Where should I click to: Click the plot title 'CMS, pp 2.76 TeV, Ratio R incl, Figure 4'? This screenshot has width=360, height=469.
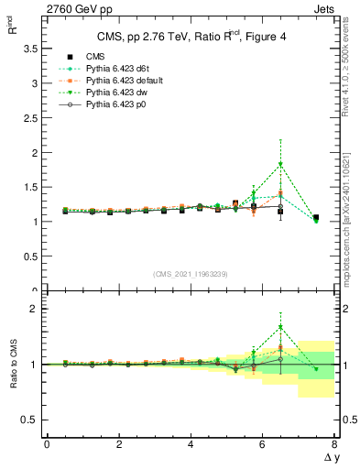point(191,37)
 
